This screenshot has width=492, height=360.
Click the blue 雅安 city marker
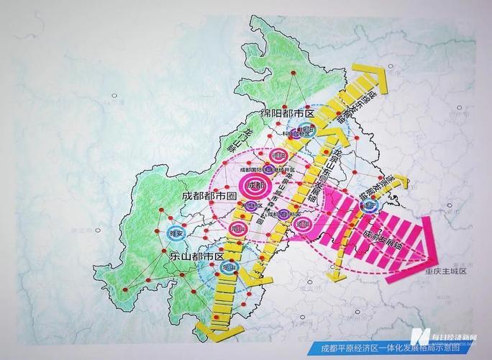176,233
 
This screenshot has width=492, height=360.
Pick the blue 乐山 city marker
229,267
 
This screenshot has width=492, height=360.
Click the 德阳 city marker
276,156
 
